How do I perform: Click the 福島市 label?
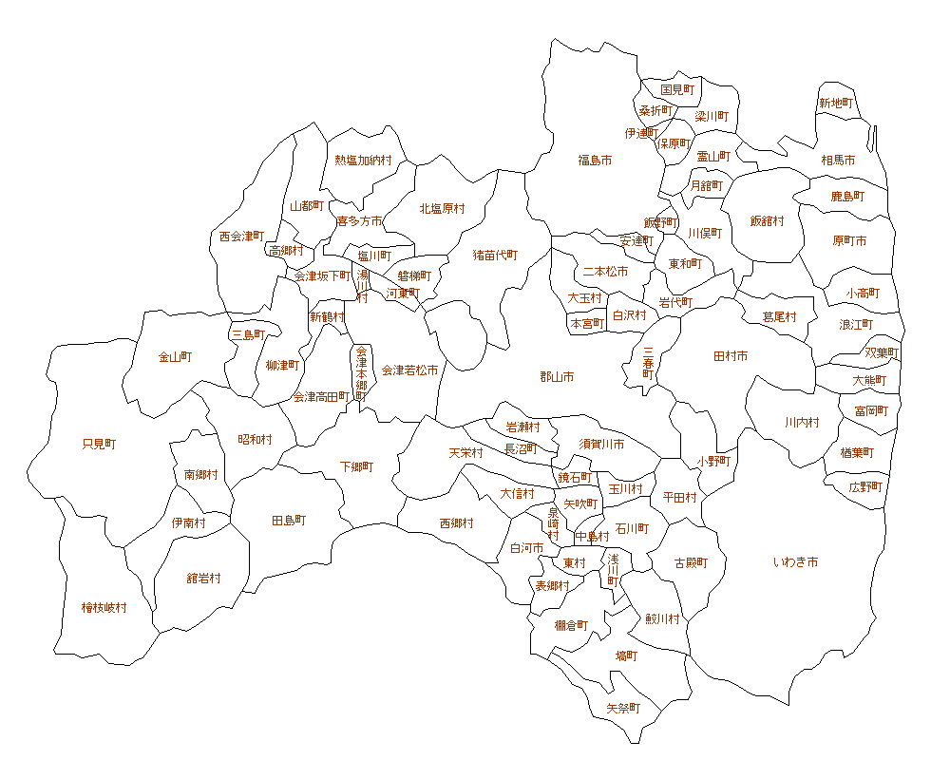[x=595, y=161]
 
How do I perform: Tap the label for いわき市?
[x=795, y=562]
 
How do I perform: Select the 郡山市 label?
[x=557, y=377]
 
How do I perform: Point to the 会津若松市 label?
[x=410, y=370]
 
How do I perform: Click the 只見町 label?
[x=99, y=444]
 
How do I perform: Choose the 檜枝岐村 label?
[x=104, y=607]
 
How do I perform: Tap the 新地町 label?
[x=836, y=103]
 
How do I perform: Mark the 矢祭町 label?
[x=623, y=709]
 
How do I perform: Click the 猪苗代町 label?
[x=496, y=255]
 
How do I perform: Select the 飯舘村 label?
[x=768, y=220]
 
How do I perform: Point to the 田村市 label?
[x=731, y=356]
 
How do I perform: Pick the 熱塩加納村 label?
[x=363, y=161]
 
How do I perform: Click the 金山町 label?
[x=175, y=357]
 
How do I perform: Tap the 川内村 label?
[x=802, y=422]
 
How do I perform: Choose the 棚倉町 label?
[x=571, y=625]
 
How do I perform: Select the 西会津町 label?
[x=241, y=236]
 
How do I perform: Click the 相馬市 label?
[x=838, y=161]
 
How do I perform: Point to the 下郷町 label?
[x=357, y=467]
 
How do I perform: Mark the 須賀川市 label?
[x=602, y=444]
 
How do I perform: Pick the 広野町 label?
[x=865, y=486]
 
